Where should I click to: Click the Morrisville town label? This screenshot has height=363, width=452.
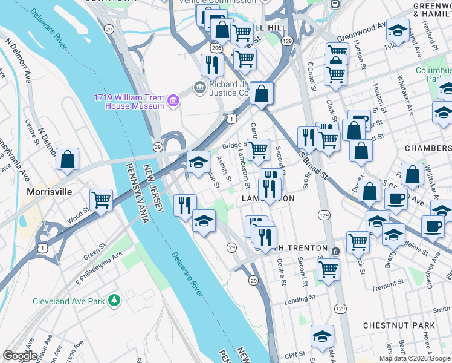point(50,192)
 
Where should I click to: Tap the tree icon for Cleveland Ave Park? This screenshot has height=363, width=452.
point(113,301)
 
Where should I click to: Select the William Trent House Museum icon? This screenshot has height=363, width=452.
point(173,100)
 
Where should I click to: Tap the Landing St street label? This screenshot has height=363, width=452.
point(300,298)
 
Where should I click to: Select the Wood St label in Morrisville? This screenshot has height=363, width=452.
point(79,217)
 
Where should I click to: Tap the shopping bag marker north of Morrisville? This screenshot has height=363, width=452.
point(68,160)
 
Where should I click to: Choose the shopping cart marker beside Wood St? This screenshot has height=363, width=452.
point(102,200)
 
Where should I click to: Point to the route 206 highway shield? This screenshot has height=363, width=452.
point(216,47)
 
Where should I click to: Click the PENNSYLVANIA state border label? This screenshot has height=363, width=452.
point(137,192)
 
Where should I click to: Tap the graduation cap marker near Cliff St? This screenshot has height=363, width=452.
point(322,337)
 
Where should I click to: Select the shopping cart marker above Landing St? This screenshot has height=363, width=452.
point(328,269)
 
